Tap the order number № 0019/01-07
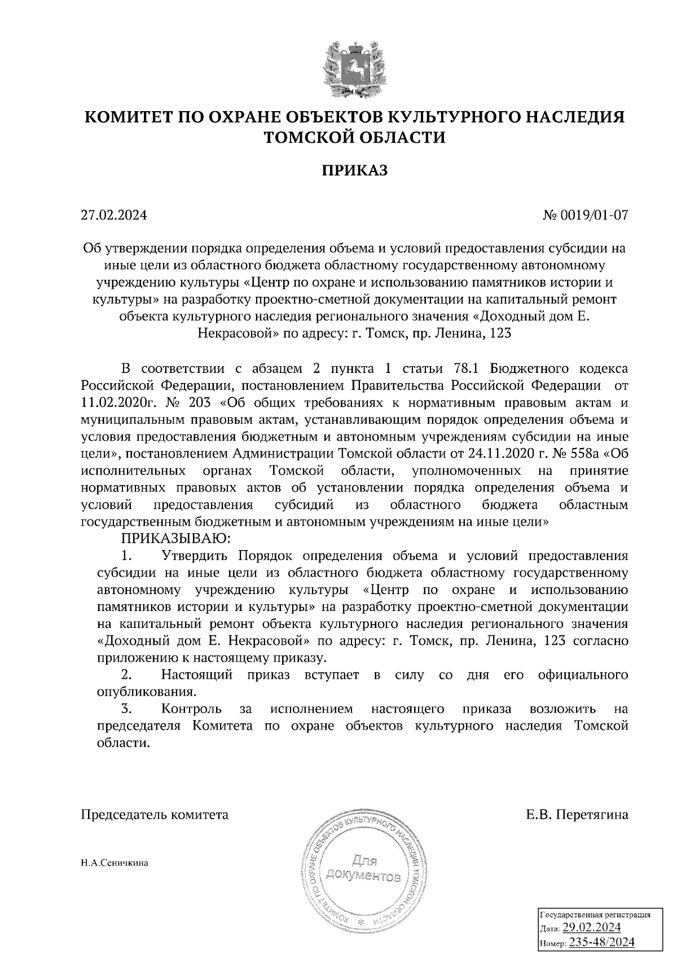tap(584, 216)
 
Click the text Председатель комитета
tap(155, 815)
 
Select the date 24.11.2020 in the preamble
tap(497, 454)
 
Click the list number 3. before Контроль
tap(127, 709)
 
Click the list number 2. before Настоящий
tap(127, 675)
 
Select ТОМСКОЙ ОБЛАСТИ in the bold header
tap(355, 137)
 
